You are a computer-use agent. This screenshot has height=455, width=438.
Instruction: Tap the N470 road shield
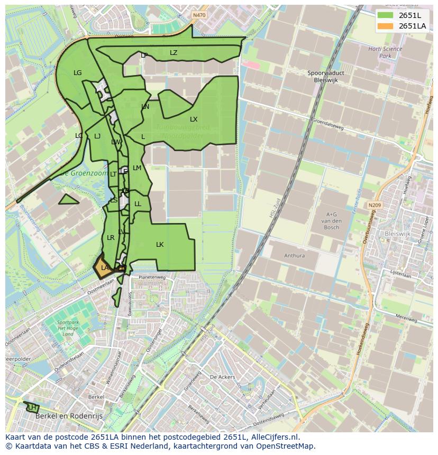(199, 15)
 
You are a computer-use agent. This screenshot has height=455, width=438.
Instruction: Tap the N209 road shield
(375, 205)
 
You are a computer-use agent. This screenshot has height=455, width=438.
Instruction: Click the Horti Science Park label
(385, 52)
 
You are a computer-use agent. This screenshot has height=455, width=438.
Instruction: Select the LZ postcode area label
(174, 53)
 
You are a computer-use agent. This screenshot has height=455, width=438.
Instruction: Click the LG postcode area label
(78, 73)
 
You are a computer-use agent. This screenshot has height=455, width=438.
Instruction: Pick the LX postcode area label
(194, 119)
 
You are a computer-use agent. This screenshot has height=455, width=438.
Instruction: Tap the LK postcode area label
(160, 245)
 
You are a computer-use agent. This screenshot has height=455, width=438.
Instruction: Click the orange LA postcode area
(103, 267)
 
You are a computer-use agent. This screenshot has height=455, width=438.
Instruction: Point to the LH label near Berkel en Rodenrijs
(32, 407)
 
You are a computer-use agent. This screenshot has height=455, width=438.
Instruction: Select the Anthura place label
(294, 256)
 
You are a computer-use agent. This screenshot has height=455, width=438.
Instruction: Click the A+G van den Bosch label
(331, 220)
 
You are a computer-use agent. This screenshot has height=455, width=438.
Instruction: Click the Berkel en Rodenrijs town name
(69, 416)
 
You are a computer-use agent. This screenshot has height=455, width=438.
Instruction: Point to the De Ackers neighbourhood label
(222, 377)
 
